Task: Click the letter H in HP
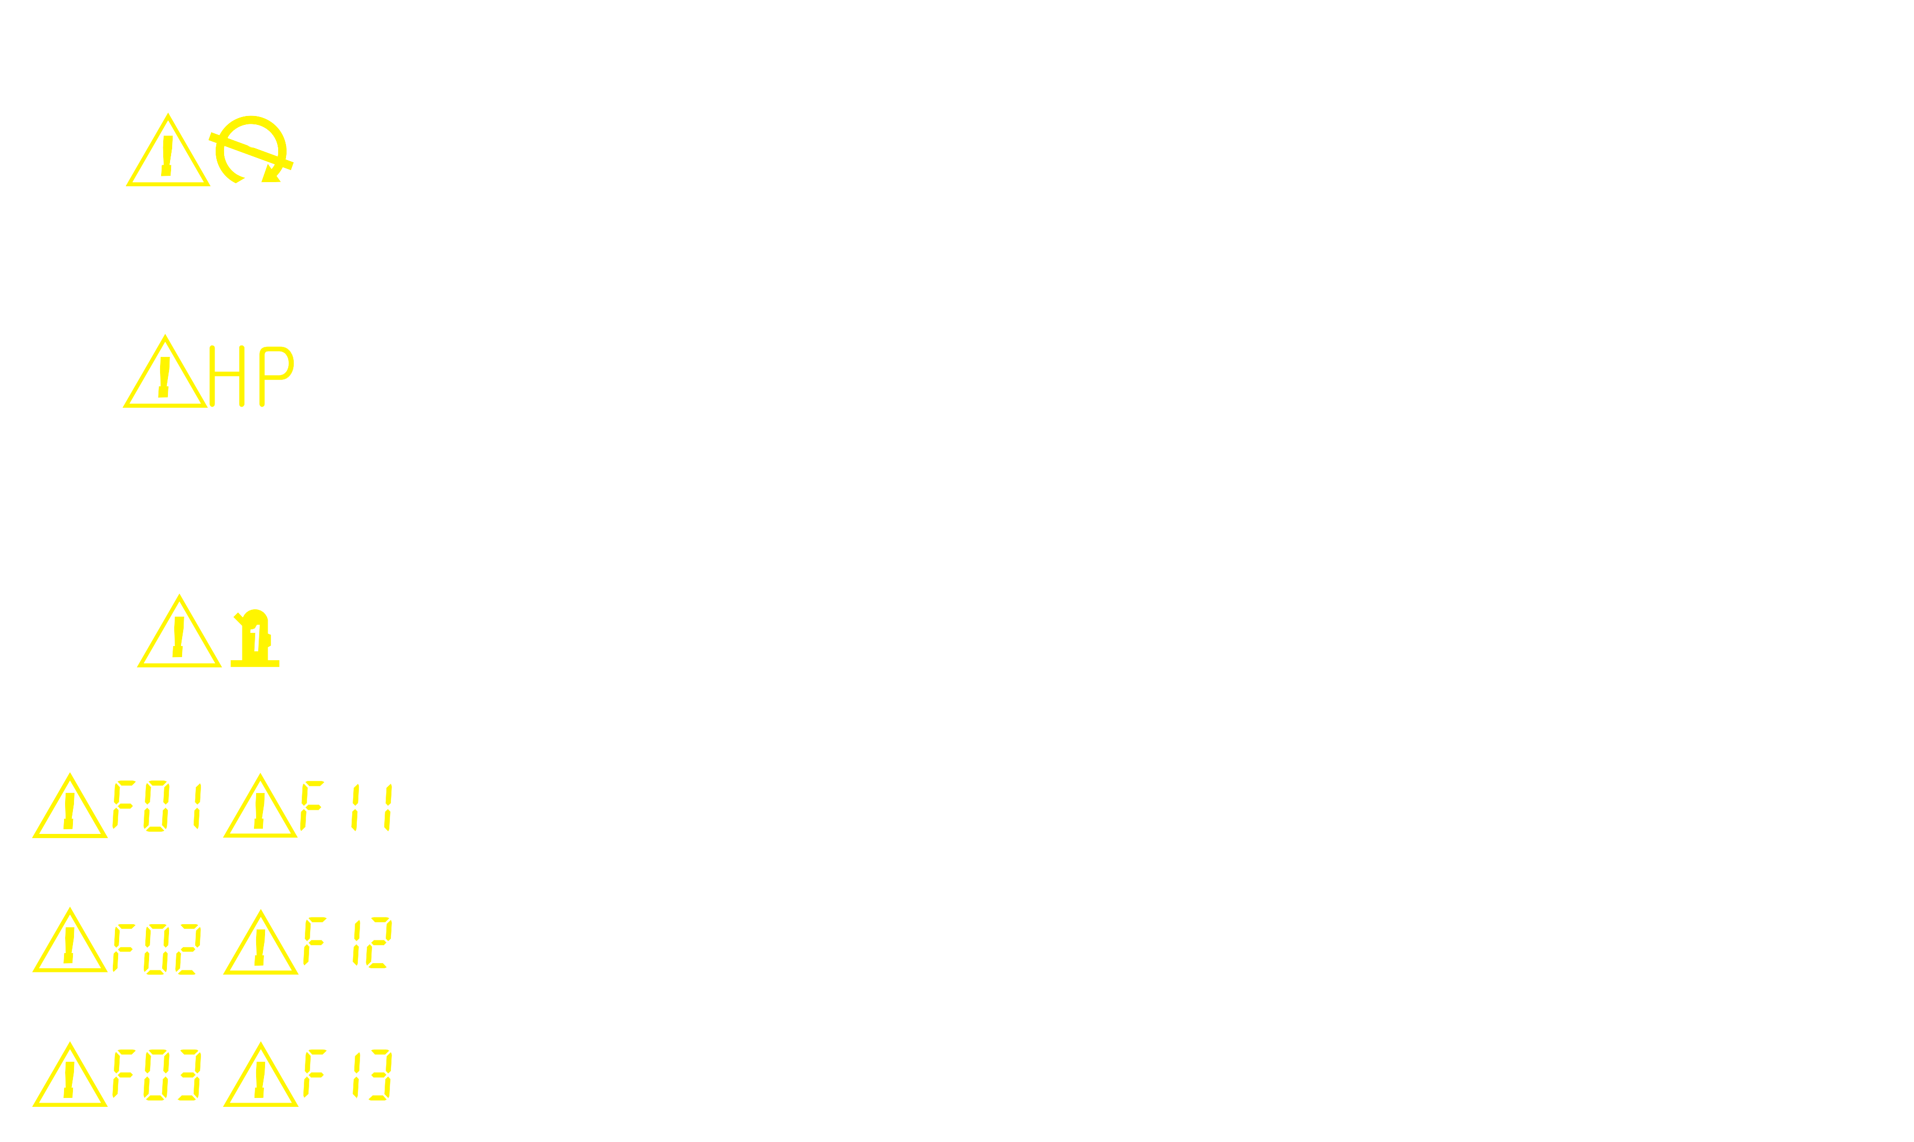click(227, 376)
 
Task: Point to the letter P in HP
click(276, 376)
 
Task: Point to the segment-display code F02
click(157, 949)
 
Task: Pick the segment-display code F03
click(157, 1074)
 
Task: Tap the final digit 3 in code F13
click(380, 1074)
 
